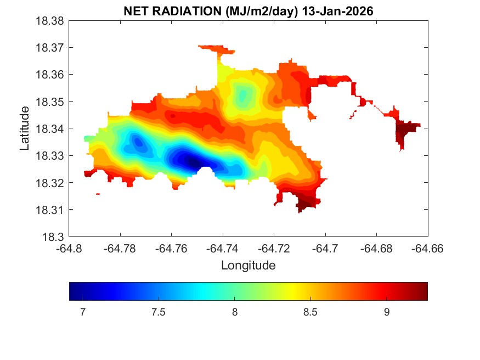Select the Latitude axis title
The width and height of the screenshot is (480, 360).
tap(25, 128)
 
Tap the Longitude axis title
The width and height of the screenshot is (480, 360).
tap(248, 266)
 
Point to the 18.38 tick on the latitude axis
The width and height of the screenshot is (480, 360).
tap(52, 21)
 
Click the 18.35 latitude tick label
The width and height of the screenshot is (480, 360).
tap(52, 102)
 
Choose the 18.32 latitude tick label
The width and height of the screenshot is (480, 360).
tap(52, 183)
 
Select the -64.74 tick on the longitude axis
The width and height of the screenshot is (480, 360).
tap(223, 248)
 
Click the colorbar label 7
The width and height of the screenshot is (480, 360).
tap(82, 312)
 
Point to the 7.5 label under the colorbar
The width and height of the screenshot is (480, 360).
tap(159, 312)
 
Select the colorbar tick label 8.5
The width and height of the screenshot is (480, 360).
tap(310, 312)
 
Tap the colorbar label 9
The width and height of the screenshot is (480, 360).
tap(387, 312)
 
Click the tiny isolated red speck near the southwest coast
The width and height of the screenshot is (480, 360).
tap(98, 194)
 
